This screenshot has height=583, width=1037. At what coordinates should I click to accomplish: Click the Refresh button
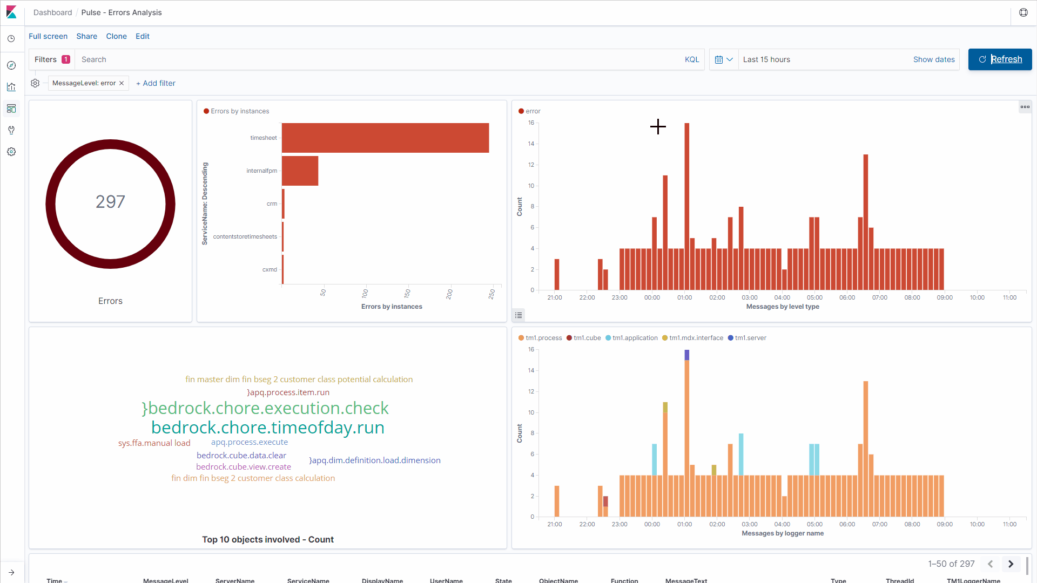1000,59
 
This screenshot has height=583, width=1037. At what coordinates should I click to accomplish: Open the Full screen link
48,36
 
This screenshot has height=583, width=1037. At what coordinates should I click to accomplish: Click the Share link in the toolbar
86,36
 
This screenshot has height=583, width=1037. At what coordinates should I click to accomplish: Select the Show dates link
933,59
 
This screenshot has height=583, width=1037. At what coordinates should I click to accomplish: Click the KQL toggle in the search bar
691,59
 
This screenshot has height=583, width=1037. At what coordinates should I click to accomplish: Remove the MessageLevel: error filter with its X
122,83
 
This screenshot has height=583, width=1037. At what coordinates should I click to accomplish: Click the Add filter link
156,83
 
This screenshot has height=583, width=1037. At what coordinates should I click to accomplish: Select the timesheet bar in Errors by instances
385,138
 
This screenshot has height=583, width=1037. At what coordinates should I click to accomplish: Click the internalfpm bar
300,171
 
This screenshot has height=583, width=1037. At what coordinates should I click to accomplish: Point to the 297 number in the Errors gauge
110,202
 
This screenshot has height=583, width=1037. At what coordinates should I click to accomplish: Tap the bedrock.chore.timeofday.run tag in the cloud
268,428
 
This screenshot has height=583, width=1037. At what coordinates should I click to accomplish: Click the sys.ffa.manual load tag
154,443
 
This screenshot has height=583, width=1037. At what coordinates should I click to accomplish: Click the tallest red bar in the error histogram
686,205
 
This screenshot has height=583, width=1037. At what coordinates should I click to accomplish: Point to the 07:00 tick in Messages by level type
879,297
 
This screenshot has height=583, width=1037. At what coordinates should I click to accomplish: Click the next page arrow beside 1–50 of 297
1011,564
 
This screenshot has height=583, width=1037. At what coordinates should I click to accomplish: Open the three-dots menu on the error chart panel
1025,107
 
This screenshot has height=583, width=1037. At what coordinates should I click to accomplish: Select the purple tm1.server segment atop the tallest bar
686,355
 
